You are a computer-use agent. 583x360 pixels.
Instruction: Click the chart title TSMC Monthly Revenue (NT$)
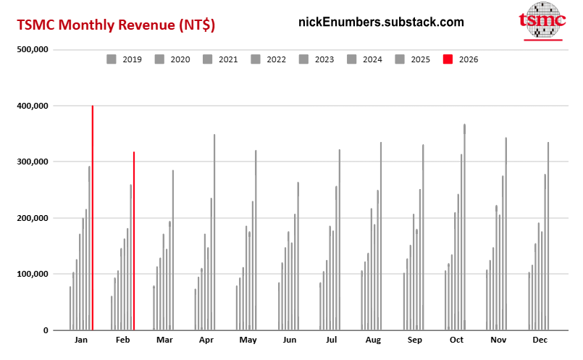[116, 25]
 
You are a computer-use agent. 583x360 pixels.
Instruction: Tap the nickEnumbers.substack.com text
[381, 22]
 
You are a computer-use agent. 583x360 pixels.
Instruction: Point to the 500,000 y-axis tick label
[31, 50]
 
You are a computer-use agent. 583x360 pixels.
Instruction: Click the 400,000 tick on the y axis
[31, 106]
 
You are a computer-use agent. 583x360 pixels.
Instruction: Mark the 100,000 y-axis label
[31, 275]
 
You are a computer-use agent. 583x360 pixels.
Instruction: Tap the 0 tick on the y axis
[45, 330]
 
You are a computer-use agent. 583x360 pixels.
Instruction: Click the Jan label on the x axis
[81, 340]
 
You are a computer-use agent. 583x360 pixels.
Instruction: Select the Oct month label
[456, 340]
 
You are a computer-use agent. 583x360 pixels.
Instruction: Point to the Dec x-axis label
[540, 340]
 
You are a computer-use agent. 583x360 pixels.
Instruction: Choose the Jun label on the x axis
[290, 340]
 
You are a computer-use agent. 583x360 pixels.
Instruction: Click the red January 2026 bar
[93, 217]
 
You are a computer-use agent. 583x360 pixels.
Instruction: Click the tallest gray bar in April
[214, 232]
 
